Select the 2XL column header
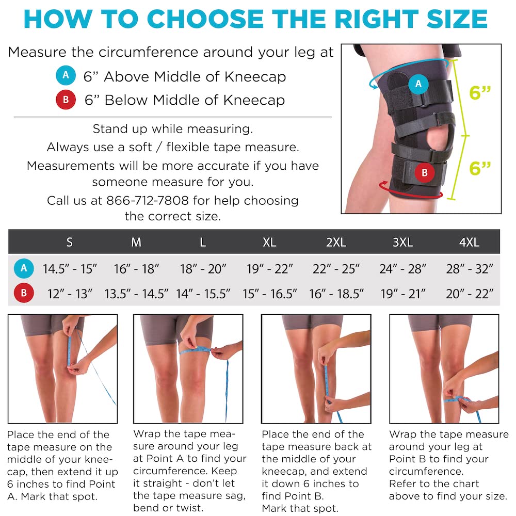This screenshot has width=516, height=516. tap(336, 242)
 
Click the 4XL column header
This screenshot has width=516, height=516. tap(469, 242)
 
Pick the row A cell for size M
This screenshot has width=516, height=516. tap(136, 269)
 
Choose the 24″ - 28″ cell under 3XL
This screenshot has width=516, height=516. tap(402, 269)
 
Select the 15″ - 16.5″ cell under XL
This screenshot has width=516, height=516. tap(270, 294)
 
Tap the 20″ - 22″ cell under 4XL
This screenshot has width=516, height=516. tap(469, 294)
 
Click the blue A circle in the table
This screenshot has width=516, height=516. tap(23, 268)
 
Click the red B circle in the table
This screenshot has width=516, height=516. tap(23, 294)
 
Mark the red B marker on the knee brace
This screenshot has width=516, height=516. tap(424, 172)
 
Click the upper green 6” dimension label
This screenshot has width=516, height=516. tap(480, 93)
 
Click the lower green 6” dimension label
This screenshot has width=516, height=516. tap(480, 168)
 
